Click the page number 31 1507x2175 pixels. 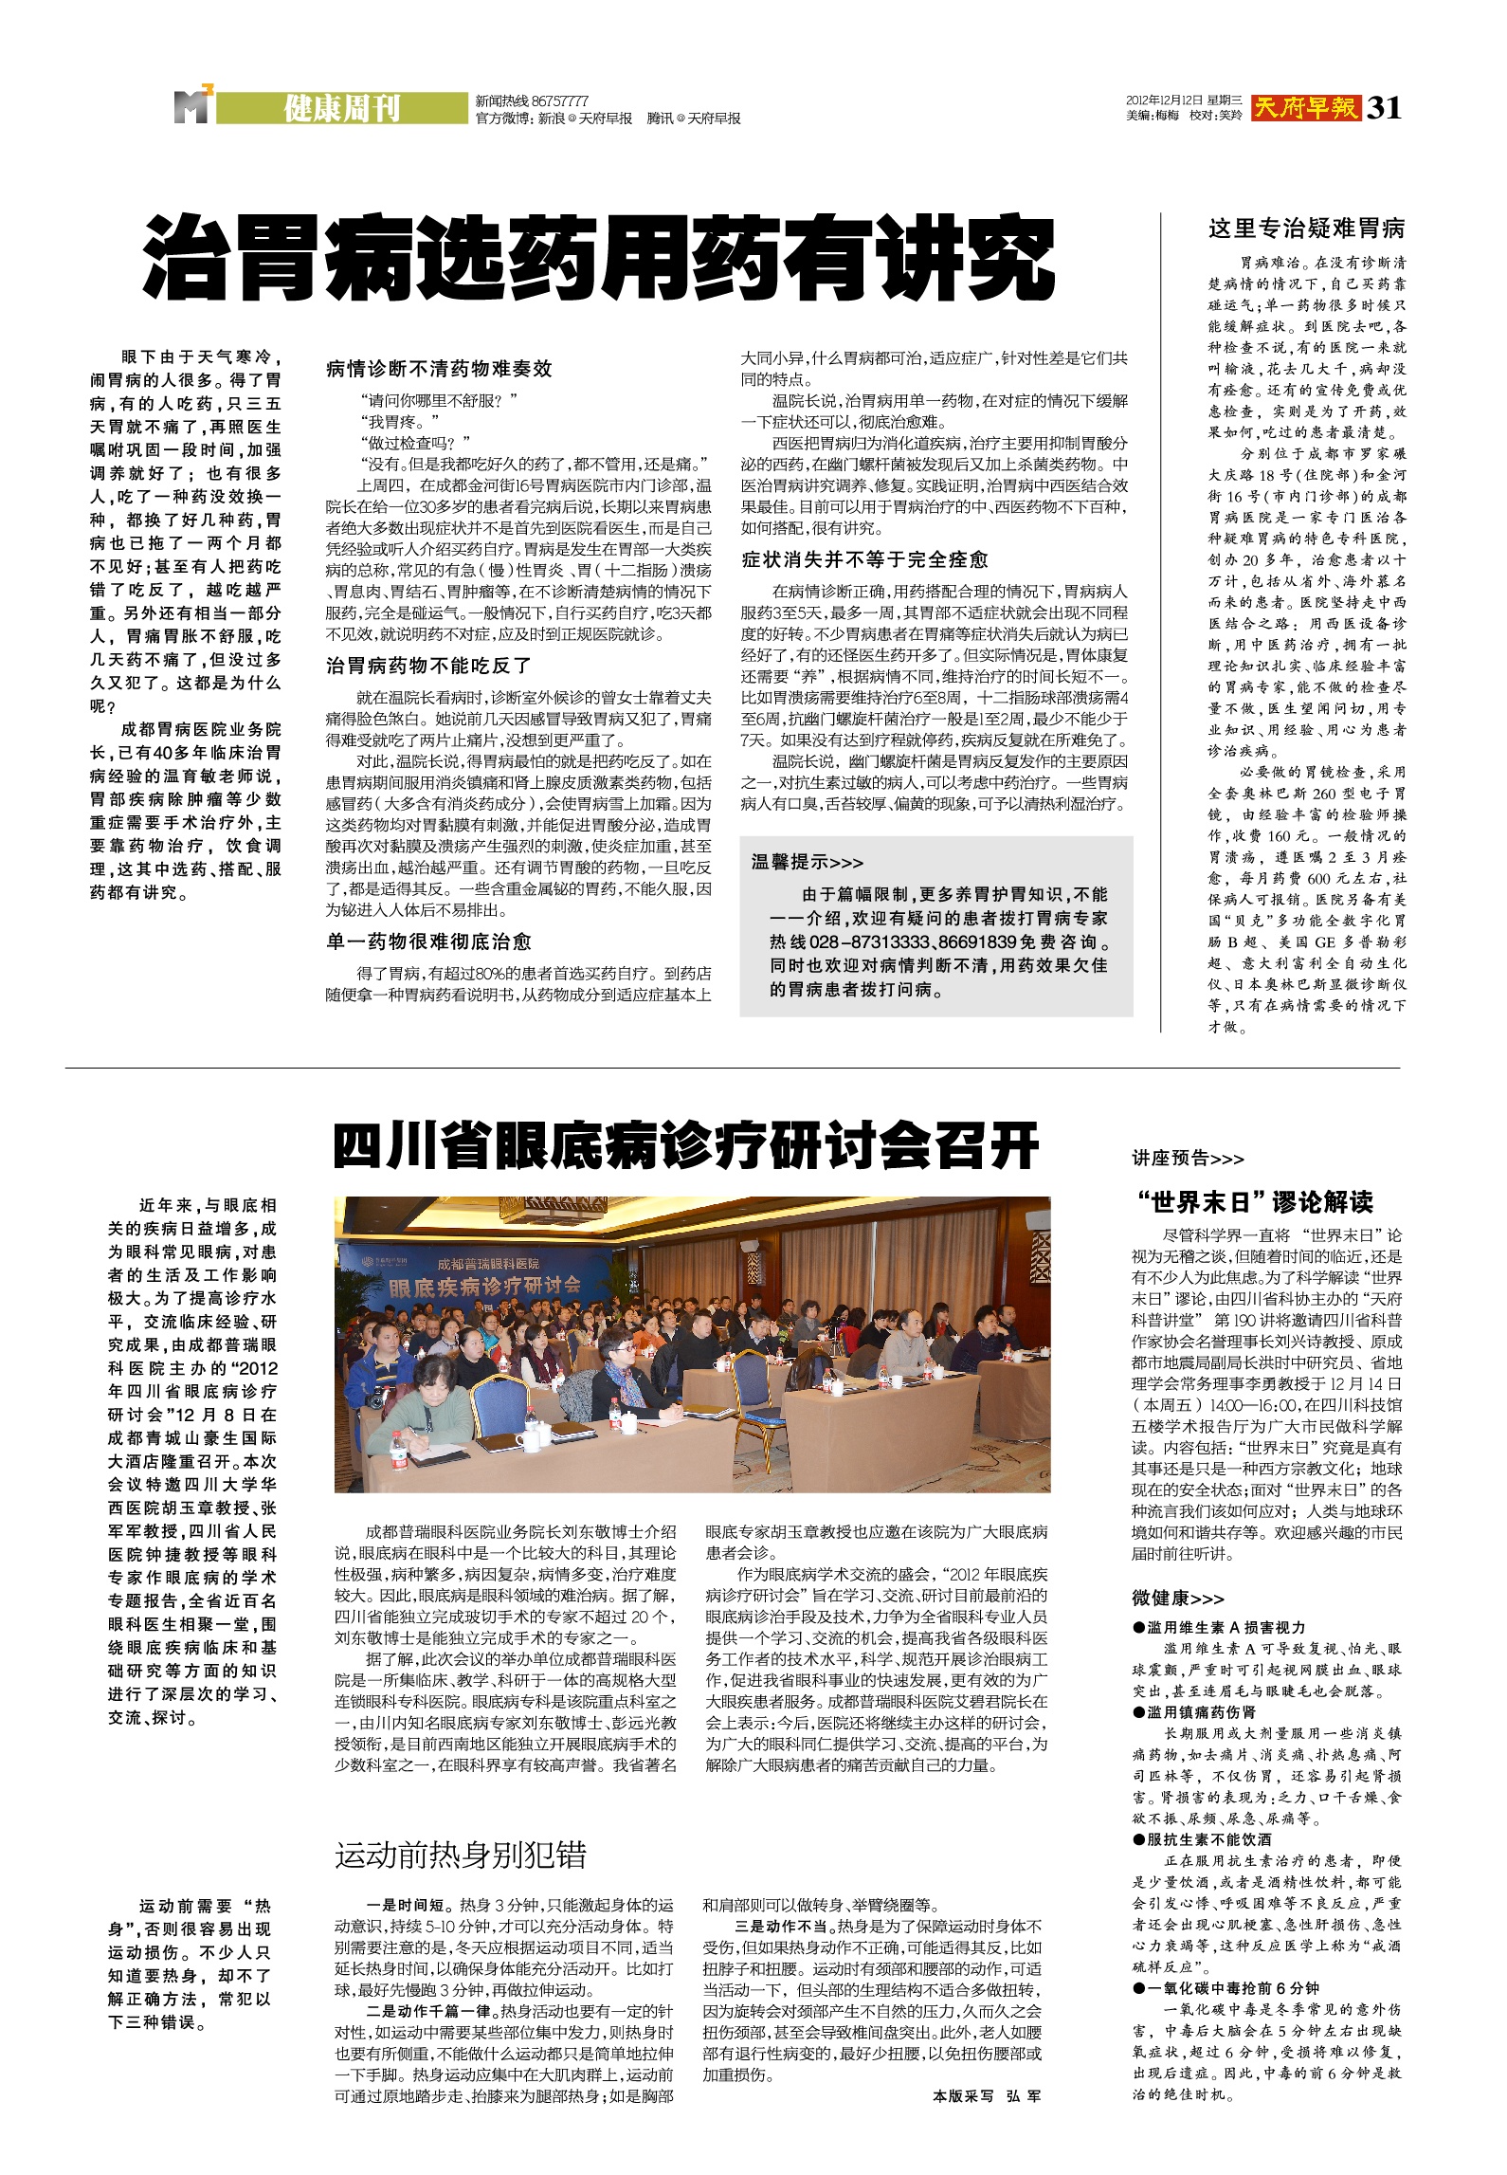1384,108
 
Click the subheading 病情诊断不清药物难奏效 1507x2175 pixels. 439,369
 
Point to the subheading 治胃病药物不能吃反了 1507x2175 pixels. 428,666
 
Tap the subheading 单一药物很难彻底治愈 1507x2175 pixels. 428,941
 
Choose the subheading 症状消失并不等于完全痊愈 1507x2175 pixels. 864,559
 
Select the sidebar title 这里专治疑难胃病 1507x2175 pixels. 1306,228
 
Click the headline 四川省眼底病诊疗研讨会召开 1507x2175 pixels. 686,1147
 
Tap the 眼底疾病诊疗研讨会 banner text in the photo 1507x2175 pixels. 484,1287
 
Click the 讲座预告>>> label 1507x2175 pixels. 1188,1158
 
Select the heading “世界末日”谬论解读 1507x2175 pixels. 1254,1202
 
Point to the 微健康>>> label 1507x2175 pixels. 1177,1599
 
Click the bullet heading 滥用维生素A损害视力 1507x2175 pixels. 1218,1627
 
